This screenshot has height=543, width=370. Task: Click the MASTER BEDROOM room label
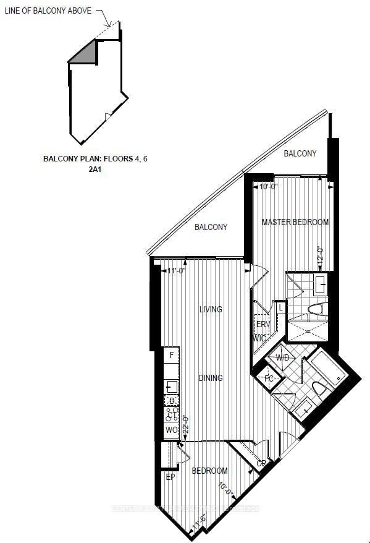click(x=295, y=222)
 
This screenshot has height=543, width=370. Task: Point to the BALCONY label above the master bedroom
click(x=300, y=153)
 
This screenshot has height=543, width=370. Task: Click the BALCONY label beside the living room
click(x=211, y=227)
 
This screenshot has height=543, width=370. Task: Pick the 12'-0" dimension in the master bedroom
click(x=320, y=257)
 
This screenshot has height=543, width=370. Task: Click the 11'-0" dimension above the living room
click(x=178, y=270)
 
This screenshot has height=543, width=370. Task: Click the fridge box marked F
click(x=171, y=355)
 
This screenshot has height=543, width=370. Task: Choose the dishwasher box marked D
click(x=172, y=401)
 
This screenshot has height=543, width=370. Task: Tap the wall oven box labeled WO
click(x=171, y=430)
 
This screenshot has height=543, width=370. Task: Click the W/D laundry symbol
click(x=283, y=358)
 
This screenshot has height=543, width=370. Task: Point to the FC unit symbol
click(x=269, y=378)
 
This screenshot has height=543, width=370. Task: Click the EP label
click(x=170, y=477)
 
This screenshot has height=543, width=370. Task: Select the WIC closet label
click(x=259, y=338)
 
